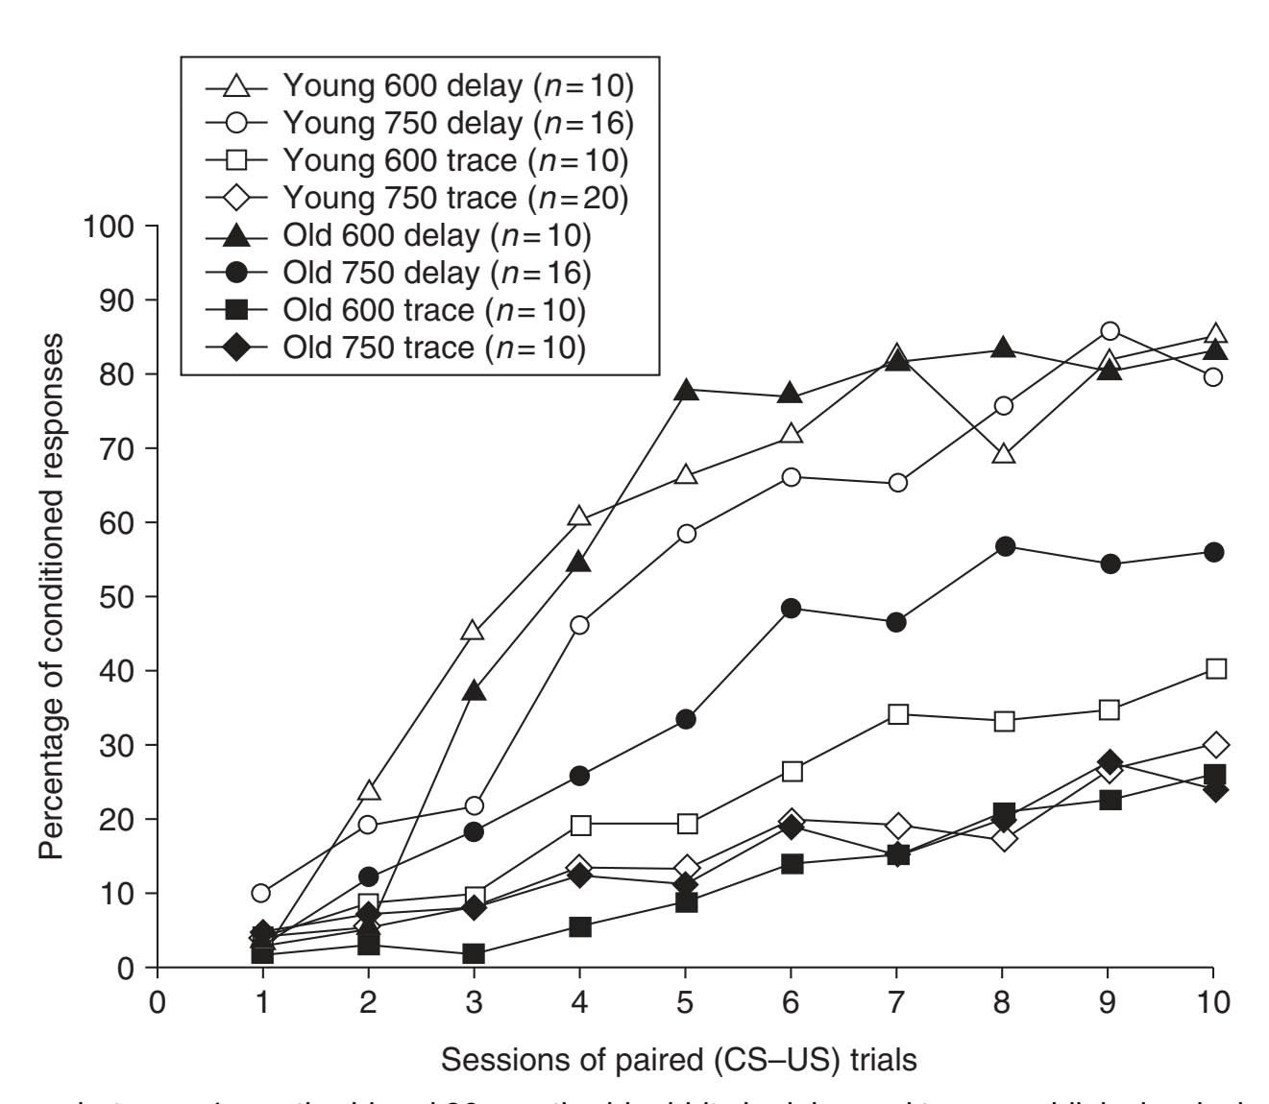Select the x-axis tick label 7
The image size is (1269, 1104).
click(x=896, y=1003)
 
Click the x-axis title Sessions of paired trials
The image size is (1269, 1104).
click(x=678, y=1060)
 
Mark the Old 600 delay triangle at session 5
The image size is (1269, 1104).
click(x=685, y=391)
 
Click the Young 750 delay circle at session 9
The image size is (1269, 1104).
click(x=1110, y=332)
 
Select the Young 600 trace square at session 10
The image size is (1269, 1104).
click(x=1215, y=669)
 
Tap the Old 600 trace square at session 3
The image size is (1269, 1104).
click(x=474, y=954)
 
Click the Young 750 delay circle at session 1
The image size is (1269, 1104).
click(x=260, y=893)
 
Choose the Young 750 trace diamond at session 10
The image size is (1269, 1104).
click(x=1215, y=744)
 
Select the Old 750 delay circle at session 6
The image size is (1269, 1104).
click(x=792, y=608)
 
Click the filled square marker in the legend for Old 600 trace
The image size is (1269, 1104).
click(x=235, y=310)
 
